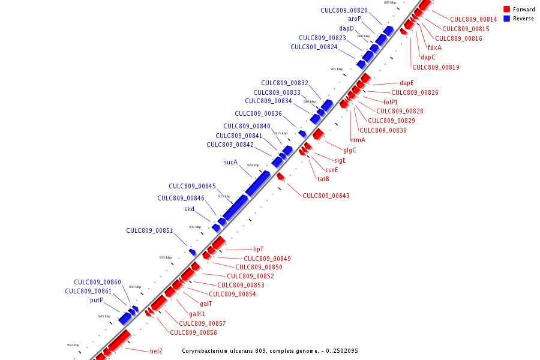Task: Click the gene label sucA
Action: pyautogui.click(x=231, y=162)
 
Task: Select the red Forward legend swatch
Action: pyautogui.click(x=507, y=10)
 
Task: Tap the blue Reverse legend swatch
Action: pyautogui.click(x=507, y=19)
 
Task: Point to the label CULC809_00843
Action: pyautogui.click(x=326, y=196)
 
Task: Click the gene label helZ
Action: pyautogui.click(x=156, y=350)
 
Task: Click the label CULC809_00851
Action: pyautogui.click(x=149, y=230)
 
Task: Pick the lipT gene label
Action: pyautogui.click(x=259, y=249)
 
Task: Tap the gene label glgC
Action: pyautogui.click(x=350, y=150)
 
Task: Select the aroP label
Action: pyautogui.click(x=355, y=19)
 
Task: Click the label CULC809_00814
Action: pyautogui.click(x=473, y=19)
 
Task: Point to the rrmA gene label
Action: pyautogui.click(x=358, y=140)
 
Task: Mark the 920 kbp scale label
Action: pyautogui.click(x=253, y=165)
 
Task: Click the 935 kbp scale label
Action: pyautogui.click(x=165, y=257)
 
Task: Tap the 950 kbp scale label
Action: pyautogui.click(x=73, y=345)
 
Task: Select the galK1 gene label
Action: pyautogui.click(x=197, y=314)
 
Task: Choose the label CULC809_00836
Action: pyautogui.click(x=258, y=113)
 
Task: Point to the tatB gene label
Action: pyautogui.click(x=323, y=178)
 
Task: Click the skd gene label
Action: pyautogui.click(x=189, y=209)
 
